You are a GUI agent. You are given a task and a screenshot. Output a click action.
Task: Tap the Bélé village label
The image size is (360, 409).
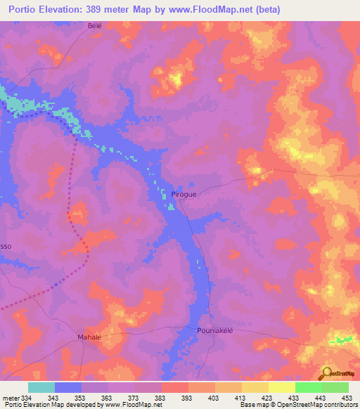tap(94, 26)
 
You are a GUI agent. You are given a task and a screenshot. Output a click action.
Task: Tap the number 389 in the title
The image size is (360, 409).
tap(129, 9)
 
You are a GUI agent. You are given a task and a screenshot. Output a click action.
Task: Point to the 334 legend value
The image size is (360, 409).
tap(27, 398)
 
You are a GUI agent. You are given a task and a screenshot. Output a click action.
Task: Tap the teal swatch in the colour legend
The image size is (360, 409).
tap(41, 387)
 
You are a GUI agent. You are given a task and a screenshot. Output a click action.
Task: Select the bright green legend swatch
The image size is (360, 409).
tap(309, 387)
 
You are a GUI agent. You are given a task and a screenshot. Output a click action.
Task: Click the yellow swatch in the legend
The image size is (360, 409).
tap(282, 387)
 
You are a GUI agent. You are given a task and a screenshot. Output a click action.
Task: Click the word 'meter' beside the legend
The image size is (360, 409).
tap(10, 398)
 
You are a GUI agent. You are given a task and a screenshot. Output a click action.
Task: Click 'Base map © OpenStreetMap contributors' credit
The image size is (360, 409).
tap(298, 405)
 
